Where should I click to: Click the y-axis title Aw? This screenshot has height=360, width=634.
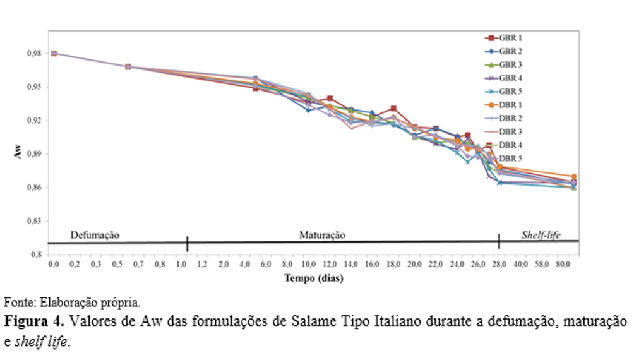tap(18, 153)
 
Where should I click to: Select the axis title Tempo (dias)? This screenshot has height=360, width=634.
tap(313, 278)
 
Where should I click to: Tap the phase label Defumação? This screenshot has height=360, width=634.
tap(95, 235)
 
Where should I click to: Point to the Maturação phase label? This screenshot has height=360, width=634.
tap(322, 235)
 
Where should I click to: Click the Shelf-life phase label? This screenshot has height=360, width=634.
tap(541, 235)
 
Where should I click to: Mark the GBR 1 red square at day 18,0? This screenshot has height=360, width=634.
tap(393, 109)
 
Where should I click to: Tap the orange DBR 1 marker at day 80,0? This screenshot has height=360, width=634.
tap(573, 177)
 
